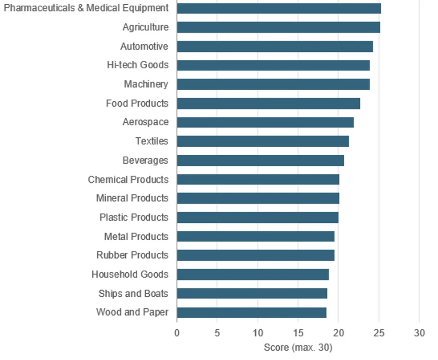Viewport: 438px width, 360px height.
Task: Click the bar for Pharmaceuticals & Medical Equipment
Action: pos(279,9)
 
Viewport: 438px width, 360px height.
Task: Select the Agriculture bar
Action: pos(278,27)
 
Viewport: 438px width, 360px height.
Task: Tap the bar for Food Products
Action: pos(269,103)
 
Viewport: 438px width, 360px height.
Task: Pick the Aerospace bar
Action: pos(265,122)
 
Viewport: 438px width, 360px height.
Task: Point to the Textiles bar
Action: pos(263,142)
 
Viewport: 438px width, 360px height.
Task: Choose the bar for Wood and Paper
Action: pos(252,313)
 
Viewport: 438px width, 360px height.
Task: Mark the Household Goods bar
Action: pos(253,274)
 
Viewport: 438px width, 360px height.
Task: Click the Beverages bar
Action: pos(260,161)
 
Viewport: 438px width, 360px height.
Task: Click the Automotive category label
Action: pos(145,46)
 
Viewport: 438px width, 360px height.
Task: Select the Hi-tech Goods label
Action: pos(138,65)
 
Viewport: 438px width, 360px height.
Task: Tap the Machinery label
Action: pos(146,84)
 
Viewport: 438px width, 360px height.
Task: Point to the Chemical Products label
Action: pos(128,180)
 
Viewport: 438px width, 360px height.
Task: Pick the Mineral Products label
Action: pos(133,198)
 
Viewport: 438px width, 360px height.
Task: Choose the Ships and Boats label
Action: pos(133,294)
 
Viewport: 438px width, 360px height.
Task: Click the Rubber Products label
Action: pos(133,255)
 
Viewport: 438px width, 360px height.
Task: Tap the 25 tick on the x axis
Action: pos(379,333)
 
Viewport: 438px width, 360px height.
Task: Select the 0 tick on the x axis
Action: pos(177,333)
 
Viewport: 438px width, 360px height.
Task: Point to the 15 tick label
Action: pos(298,333)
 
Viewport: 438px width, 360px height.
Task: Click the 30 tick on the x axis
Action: pos(419,333)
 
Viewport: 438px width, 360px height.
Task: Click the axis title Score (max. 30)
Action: pos(298,348)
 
